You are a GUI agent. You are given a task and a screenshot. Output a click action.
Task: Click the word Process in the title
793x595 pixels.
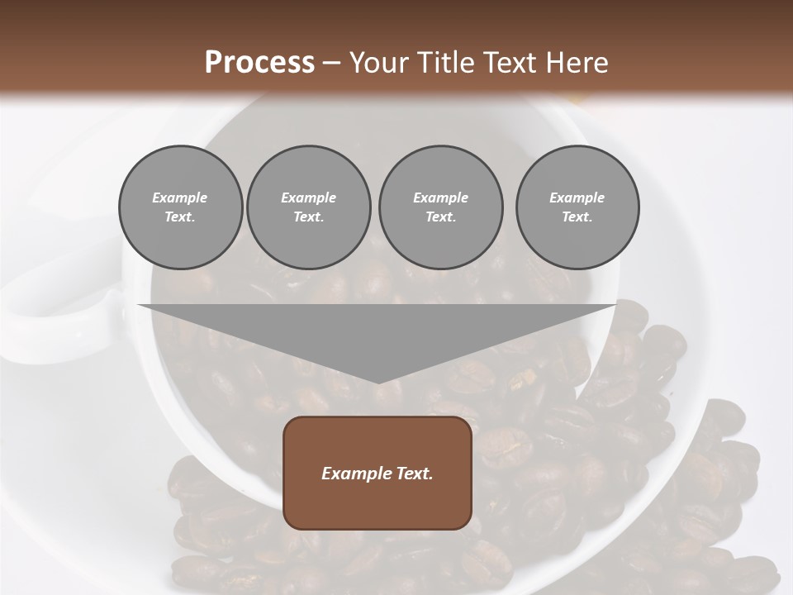(259, 63)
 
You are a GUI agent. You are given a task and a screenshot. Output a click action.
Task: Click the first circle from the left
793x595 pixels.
(180, 207)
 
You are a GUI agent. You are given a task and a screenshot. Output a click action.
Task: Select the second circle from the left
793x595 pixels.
(308, 207)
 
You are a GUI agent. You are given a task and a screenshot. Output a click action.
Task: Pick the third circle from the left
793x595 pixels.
(440, 207)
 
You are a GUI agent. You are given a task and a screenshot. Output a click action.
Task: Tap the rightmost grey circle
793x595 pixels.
(577, 207)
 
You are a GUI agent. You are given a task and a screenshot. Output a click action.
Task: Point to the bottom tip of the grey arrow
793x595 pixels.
(378, 383)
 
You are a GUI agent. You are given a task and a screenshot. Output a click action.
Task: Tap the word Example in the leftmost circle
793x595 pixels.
(180, 198)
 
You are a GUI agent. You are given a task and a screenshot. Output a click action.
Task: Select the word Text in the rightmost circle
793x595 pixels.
(577, 217)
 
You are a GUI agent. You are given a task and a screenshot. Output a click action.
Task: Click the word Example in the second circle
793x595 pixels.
(308, 198)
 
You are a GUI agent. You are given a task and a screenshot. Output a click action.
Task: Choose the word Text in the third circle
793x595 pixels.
(440, 217)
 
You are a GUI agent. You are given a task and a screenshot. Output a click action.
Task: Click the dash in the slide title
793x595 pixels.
(331, 64)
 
